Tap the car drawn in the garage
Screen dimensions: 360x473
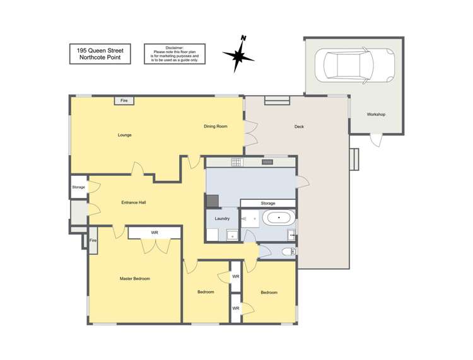coord(349,64)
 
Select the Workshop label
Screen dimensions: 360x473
coord(376,114)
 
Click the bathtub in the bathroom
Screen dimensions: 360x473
coord(278,219)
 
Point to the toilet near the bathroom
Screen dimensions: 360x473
coord(287,252)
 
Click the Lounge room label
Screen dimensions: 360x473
coord(124,135)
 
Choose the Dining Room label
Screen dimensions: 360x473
coord(215,127)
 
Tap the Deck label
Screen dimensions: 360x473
coord(299,127)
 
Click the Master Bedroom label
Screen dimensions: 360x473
coord(135,278)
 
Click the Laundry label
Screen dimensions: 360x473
coord(221,218)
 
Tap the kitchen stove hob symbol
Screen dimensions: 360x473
coord(237,162)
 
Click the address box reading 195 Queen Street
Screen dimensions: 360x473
coord(100,54)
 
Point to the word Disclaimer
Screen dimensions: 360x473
coord(173,47)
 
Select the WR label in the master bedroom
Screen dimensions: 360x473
coord(155,233)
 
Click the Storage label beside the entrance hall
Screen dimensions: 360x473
coord(78,187)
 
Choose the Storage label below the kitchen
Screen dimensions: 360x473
coord(268,203)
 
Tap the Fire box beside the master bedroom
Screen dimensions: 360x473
coord(93,241)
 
